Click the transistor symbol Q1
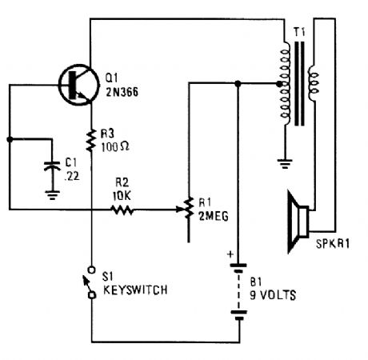click(x=78, y=86)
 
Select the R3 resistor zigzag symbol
click(x=91, y=134)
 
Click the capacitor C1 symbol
click(x=53, y=169)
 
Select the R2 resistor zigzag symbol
click(x=123, y=211)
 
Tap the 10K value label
click(x=122, y=194)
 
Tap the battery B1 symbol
click(x=238, y=297)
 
